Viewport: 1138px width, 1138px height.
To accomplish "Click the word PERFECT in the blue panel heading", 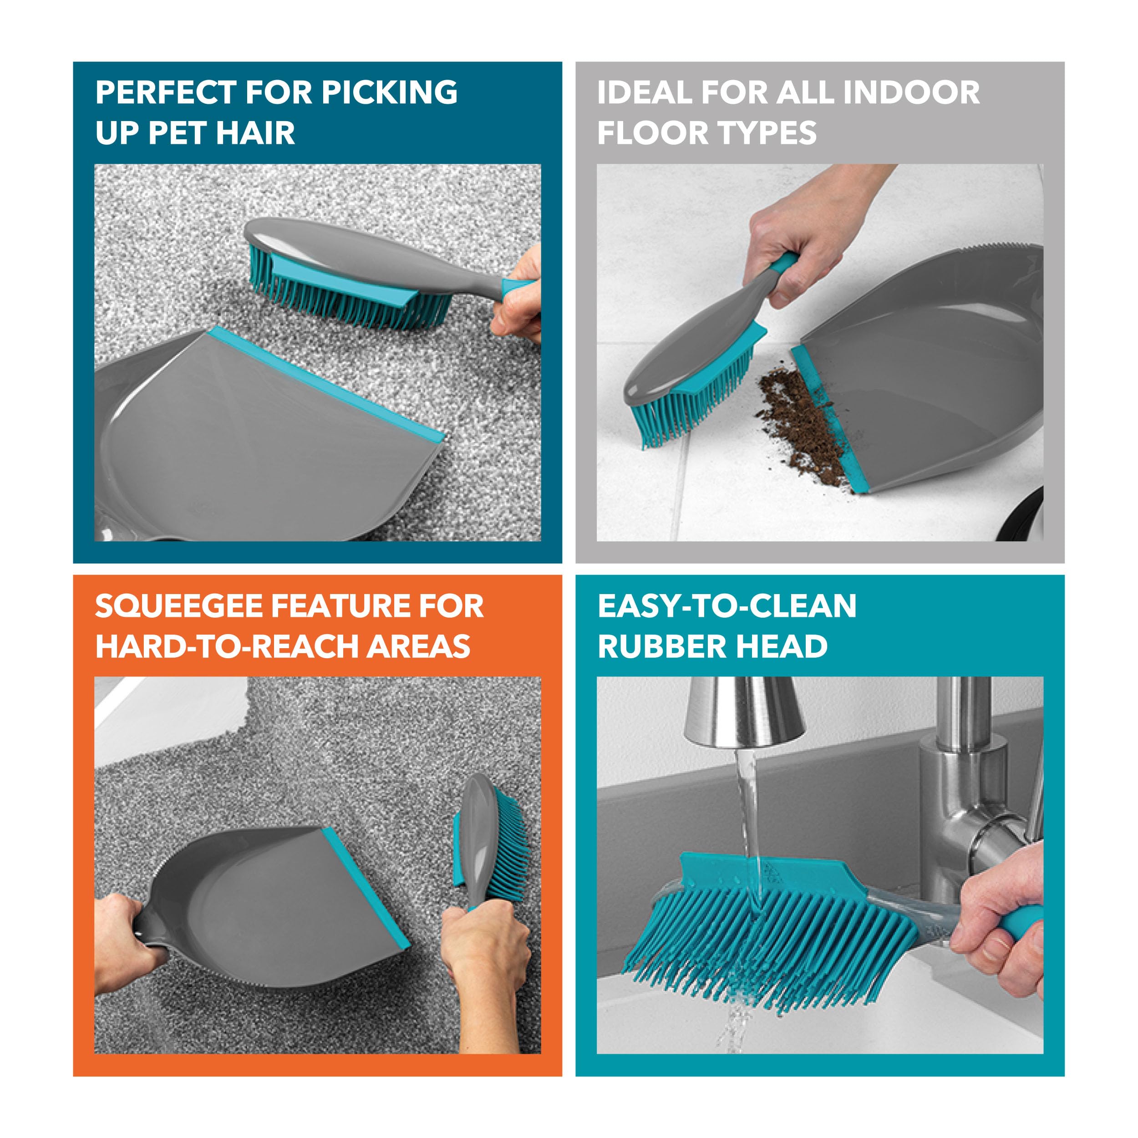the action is point(166,92).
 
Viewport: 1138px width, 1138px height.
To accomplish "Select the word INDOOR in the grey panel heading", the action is point(911,92).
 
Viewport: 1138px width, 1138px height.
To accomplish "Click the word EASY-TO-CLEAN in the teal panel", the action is point(727,606).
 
